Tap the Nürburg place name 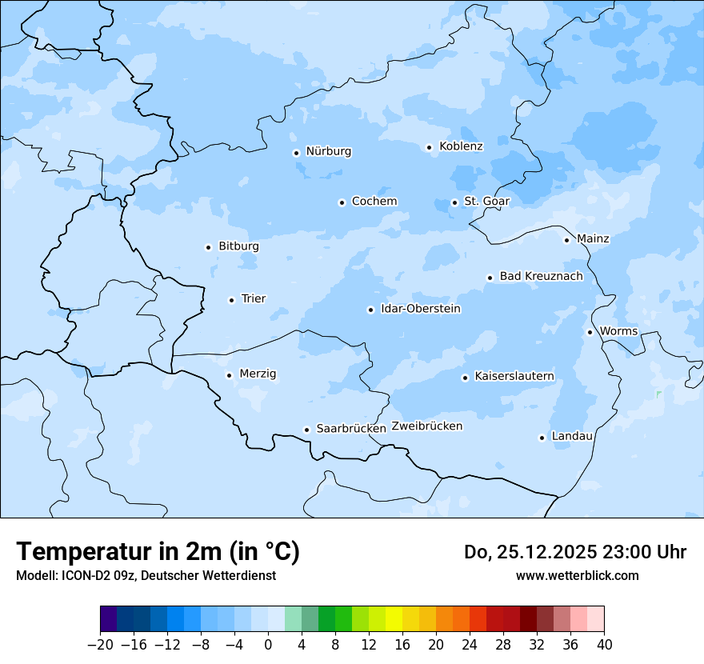coord(328,151)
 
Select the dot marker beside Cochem coord(342,202)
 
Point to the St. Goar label coord(486,201)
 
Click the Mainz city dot coord(566,240)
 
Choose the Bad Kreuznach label coord(541,276)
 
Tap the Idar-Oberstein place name coord(420,309)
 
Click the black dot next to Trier coord(231,300)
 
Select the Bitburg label coord(238,246)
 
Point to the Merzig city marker coord(229,375)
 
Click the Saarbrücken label coord(351,429)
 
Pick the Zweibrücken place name coord(426,426)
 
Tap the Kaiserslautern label coord(514,376)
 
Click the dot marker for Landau coord(542,438)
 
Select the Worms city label coord(618,331)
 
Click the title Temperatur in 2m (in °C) coord(158,552)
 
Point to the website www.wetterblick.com coord(577,576)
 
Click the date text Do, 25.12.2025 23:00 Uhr coord(574,552)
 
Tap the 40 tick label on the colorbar coord(603,645)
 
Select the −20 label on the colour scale coord(100,645)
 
